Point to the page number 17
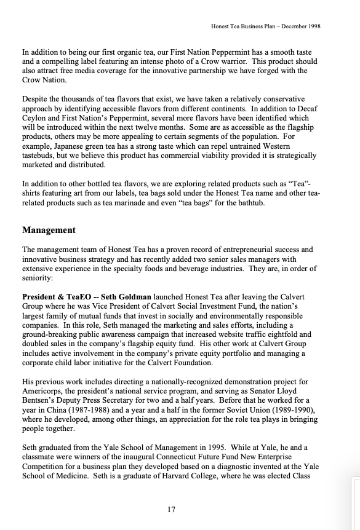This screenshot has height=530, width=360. tap(172, 508)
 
